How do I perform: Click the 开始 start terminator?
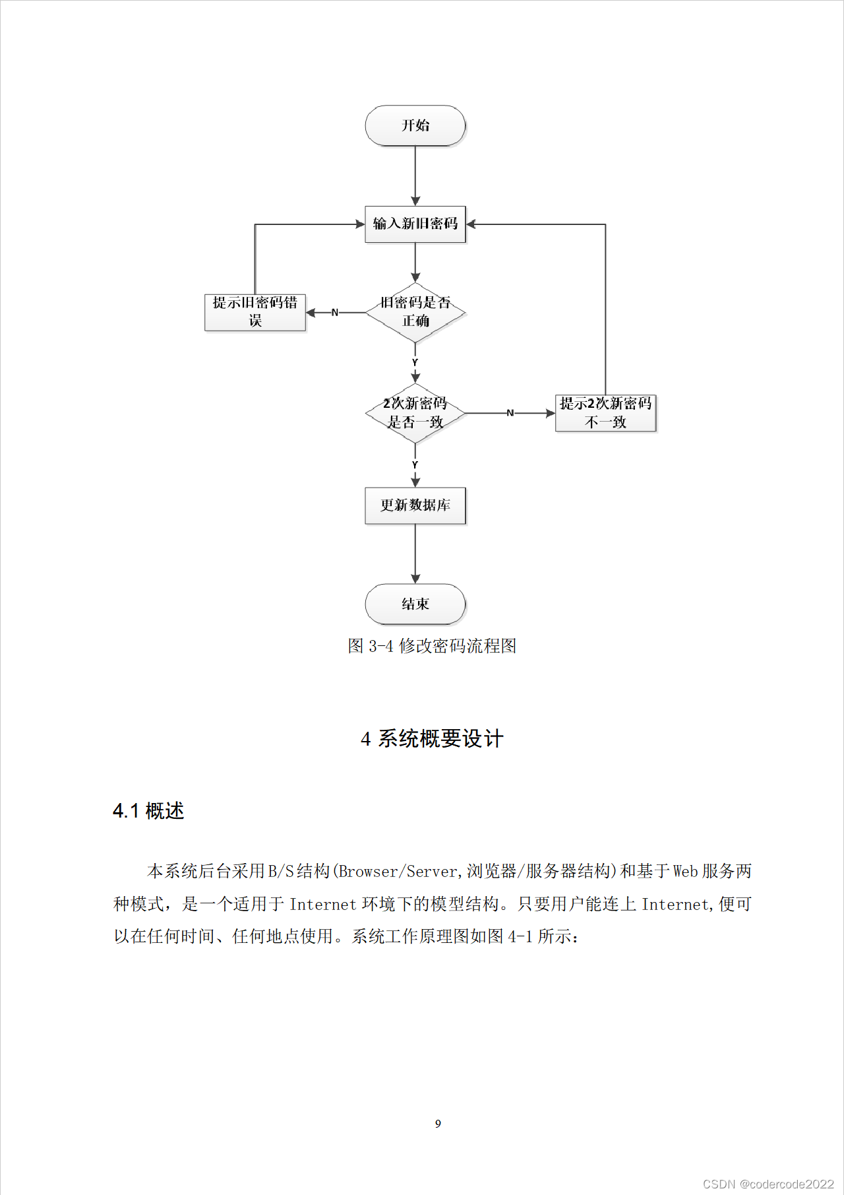(x=415, y=125)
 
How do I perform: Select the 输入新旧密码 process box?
(x=415, y=224)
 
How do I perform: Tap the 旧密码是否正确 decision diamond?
(x=415, y=312)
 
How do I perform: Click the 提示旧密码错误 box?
(x=255, y=312)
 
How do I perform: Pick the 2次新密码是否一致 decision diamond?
(x=415, y=413)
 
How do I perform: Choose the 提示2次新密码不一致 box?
(x=606, y=413)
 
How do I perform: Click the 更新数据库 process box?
(x=415, y=505)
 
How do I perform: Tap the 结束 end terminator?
(x=415, y=604)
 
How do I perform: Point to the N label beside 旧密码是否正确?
(x=335, y=312)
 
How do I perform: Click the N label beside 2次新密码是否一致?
(x=510, y=413)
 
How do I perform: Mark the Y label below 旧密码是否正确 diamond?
(x=415, y=362)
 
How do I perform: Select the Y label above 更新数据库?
(x=415, y=465)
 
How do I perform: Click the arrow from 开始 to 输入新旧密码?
(x=415, y=176)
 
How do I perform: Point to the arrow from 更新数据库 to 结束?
(x=415, y=554)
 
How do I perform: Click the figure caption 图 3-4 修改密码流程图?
(x=432, y=645)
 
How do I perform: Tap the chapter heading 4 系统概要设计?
(x=432, y=738)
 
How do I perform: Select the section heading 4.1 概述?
(x=148, y=811)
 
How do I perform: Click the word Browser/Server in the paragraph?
(x=398, y=871)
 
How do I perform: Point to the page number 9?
(x=438, y=1124)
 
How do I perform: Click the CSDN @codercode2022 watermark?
(x=768, y=1184)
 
